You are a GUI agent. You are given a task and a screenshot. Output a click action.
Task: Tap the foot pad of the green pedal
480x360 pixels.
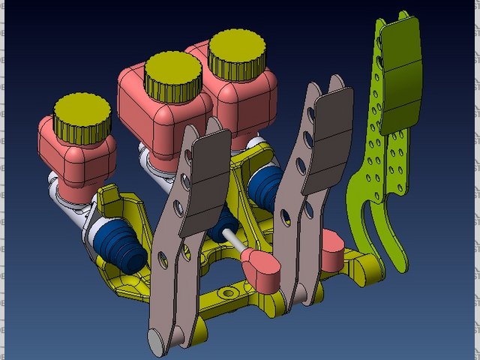tap(402, 75)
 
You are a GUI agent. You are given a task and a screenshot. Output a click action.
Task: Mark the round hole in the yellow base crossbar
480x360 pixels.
tap(226, 292)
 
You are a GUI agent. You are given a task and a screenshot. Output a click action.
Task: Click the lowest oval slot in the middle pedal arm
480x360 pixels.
tap(286, 217)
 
